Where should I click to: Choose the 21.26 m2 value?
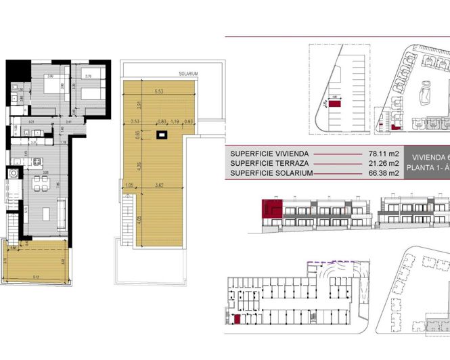[x=384, y=163]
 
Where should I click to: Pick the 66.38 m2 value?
[x=384, y=173]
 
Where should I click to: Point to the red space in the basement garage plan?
[x=238, y=319]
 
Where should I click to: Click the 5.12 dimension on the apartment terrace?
[x=35, y=275]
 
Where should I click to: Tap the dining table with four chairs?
[x=45, y=214]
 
